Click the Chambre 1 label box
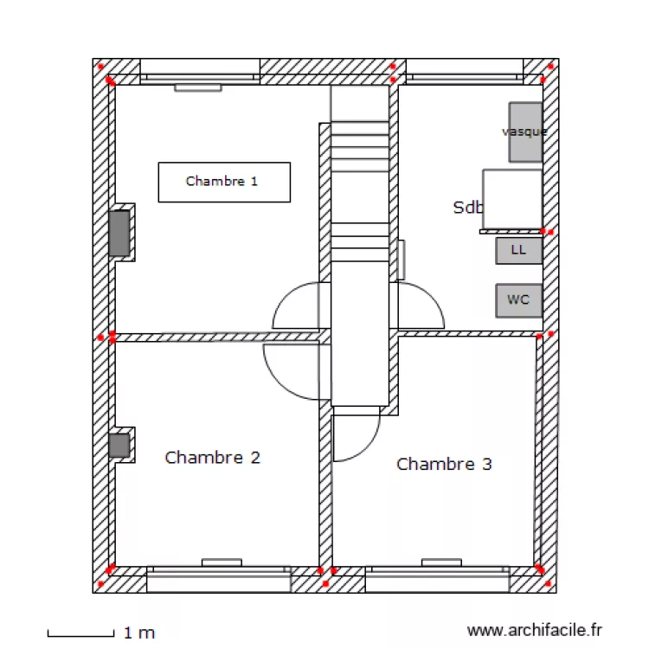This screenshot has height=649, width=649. click(223, 182)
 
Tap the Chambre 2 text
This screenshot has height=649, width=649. click(212, 457)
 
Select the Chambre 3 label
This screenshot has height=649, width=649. click(444, 464)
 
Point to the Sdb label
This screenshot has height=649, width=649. click(467, 208)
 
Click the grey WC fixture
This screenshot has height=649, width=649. click(518, 300)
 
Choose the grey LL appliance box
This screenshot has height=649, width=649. click(518, 251)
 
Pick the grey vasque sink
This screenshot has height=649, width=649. click(525, 132)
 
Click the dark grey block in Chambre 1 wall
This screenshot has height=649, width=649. click(119, 233)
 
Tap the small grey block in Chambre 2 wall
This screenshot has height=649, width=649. click(119, 446)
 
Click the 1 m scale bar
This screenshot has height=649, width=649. click(80, 634)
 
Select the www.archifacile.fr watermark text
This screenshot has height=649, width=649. click(534, 631)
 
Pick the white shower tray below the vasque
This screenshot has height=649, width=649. click(511, 199)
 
